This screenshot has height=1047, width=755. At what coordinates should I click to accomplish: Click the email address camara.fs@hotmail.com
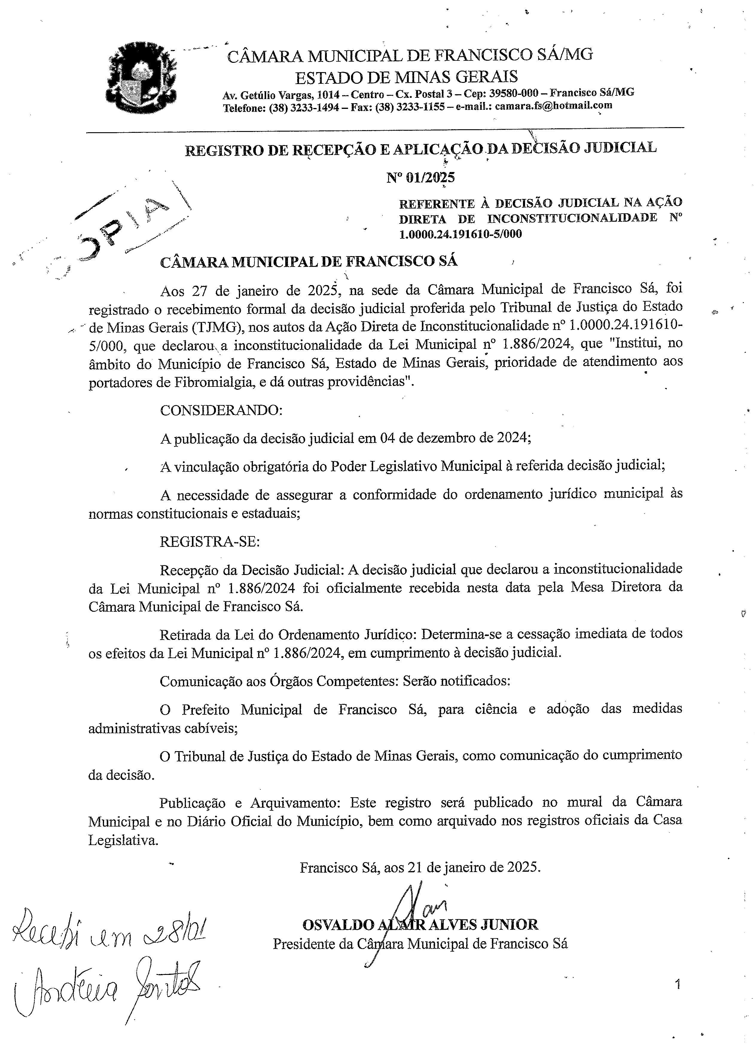point(553,106)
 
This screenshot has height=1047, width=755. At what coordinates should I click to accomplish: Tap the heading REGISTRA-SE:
point(210,541)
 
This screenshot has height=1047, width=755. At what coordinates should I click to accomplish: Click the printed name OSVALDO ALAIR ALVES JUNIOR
point(420,924)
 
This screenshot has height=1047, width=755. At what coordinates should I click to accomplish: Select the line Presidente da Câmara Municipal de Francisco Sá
point(420,943)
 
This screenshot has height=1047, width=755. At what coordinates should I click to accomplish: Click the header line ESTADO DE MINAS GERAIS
point(406,76)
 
